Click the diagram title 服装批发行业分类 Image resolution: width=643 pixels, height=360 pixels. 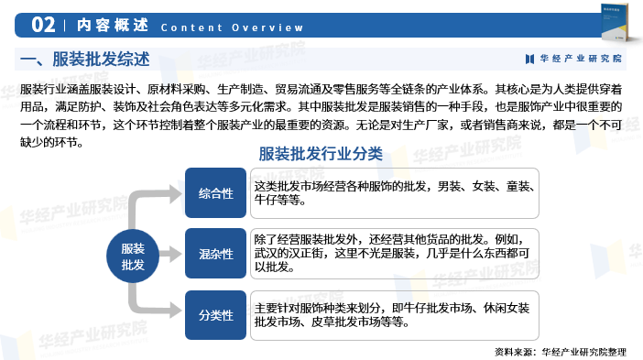coord(332,153)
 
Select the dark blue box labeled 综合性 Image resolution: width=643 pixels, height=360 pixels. coord(215,192)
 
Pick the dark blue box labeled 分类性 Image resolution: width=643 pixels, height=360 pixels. coord(215,315)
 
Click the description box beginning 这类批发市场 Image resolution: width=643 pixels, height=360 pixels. coord(396,192)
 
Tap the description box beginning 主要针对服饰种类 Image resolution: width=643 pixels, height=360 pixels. coord(396,314)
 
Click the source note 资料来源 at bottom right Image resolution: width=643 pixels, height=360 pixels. coord(561,351)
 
